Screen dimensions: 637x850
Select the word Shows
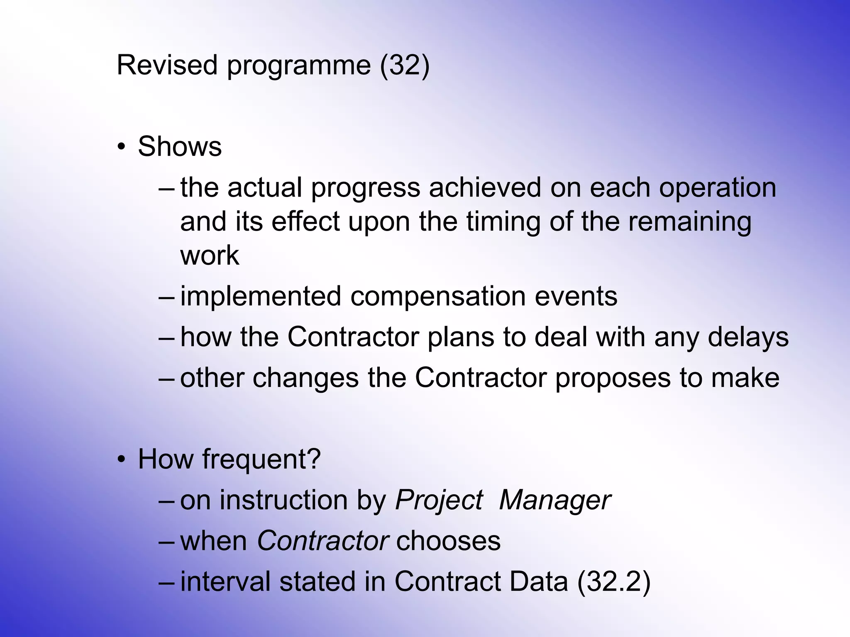180,146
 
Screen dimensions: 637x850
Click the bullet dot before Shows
121,147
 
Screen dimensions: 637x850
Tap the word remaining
689,222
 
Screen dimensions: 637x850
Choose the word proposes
613,378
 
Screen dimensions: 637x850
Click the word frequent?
261,459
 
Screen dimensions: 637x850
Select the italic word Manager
555,500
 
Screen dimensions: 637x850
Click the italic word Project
439,500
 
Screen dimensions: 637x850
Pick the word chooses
448,541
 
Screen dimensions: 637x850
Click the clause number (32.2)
613,581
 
